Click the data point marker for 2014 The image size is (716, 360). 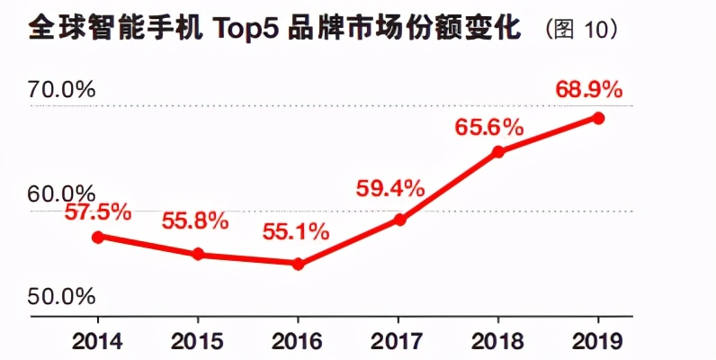[x=99, y=237]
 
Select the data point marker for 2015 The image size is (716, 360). [x=199, y=255]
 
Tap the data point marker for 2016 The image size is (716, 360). [x=299, y=264]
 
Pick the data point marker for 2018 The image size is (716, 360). [x=499, y=151]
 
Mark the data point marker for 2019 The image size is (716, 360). [x=598, y=118]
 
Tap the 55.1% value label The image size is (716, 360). [x=295, y=232]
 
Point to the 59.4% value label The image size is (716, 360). [x=389, y=188]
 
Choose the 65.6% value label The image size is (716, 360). [x=488, y=127]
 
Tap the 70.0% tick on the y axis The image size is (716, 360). [x=63, y=89]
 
